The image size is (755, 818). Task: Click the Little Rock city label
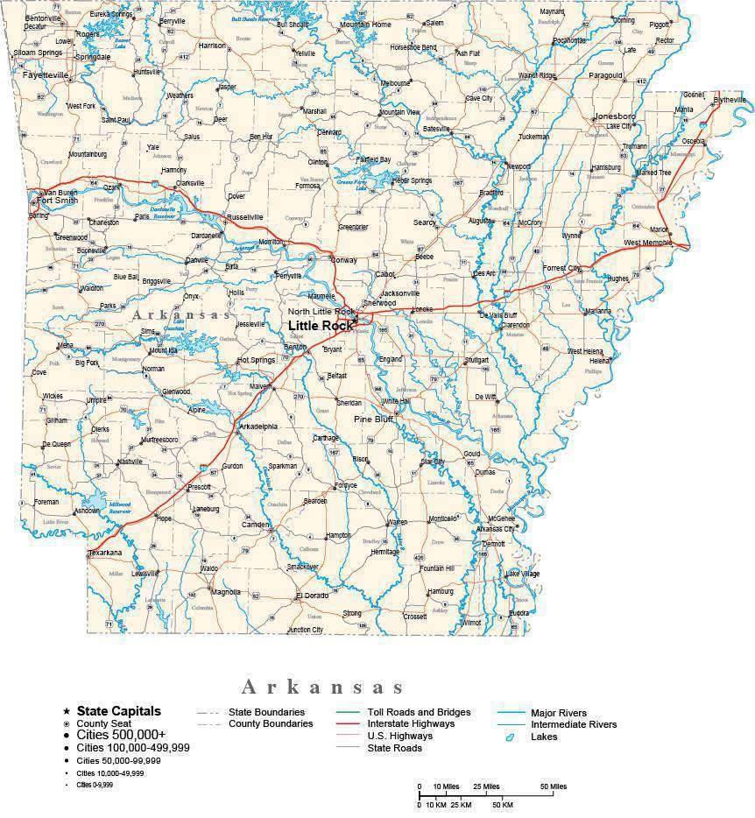point(321,326)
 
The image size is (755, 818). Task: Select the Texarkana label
point(106,554)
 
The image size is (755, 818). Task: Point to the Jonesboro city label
point(614,116)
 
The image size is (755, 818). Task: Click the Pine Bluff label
point(373,420)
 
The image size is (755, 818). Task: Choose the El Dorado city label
point(312,596)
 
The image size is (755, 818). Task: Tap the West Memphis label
point(648,243)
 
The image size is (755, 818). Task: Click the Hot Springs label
point(256,360)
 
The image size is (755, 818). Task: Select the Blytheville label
point(730,100)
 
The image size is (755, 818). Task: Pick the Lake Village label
point(523,574)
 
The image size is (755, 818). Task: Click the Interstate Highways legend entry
point(411,724)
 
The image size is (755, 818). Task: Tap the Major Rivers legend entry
point(559,713)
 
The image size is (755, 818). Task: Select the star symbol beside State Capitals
point(66,711)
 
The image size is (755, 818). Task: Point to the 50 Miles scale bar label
point(553,786)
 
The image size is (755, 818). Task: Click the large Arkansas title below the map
point(323,686)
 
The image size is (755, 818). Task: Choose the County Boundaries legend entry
point(271,724)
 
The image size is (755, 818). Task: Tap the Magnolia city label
point(226,592)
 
